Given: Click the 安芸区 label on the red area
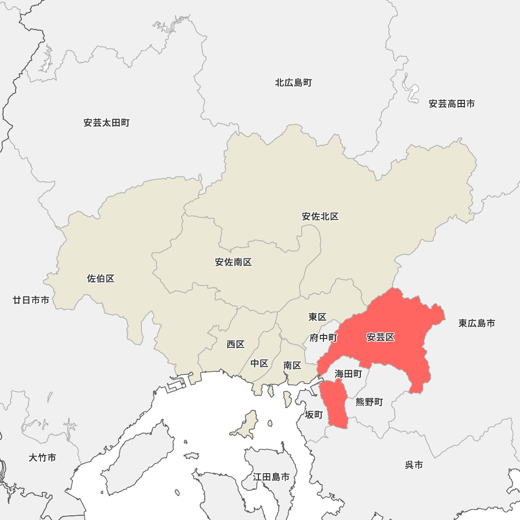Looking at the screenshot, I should pos(381,337).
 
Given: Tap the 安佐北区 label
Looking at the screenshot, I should pos(320,216).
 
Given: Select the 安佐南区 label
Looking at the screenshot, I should pos(233,262).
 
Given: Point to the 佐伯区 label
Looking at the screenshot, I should pos(101,279).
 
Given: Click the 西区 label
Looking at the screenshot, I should pos(236,344).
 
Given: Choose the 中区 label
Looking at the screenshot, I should pos(259,363).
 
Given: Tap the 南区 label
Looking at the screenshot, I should pos(292,366).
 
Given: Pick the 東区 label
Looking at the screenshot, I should pos(317,317).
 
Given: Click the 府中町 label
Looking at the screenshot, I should pos(323,338).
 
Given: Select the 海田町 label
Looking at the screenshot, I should pos(348,373).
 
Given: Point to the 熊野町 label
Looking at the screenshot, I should pos(369,402).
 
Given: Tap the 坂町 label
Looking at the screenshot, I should pos(314,414).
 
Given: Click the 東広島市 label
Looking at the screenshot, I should pos(477,323).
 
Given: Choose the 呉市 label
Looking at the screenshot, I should pos(414,465).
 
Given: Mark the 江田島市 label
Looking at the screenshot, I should pos(271,476).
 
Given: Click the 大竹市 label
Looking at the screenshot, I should pos(43,458).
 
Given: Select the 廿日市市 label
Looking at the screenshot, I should pos(31,300).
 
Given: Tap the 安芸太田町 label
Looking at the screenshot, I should pos(107,123).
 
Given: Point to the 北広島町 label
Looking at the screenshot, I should pos(294,82).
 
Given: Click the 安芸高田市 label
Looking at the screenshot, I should pos(452,104).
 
